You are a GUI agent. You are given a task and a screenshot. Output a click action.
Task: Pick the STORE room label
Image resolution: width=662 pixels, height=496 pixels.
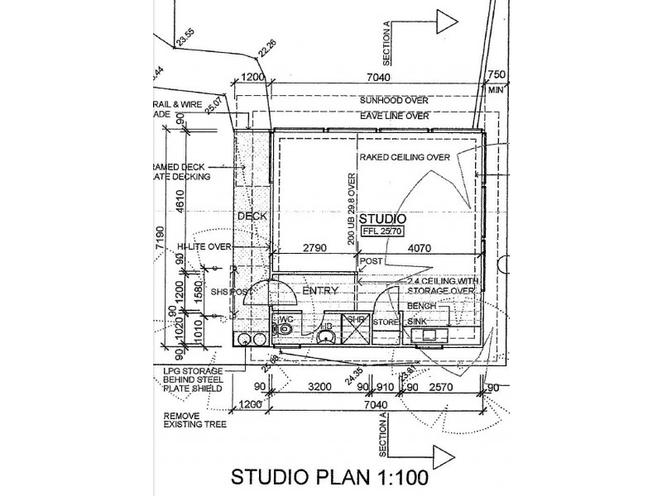coord(386,321)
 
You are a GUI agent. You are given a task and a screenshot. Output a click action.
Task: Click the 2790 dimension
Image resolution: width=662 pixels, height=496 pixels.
coord(313,246)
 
